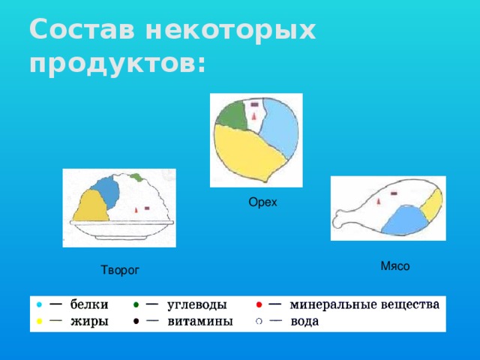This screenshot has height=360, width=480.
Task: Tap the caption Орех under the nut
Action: click(x=262, y=202)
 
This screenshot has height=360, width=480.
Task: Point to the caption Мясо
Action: click(x=395, y=266)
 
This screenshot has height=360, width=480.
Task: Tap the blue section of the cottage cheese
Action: click(x=106, y=192)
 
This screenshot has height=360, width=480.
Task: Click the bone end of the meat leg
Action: click(x=342, y=222)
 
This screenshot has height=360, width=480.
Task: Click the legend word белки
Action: click(x=89, y=305)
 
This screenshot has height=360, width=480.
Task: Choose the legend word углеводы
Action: click(x=197, y=305)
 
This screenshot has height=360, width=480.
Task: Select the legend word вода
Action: click(x=304, y=321)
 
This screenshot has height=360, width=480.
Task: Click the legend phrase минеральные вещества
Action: click(x=364, y=305)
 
